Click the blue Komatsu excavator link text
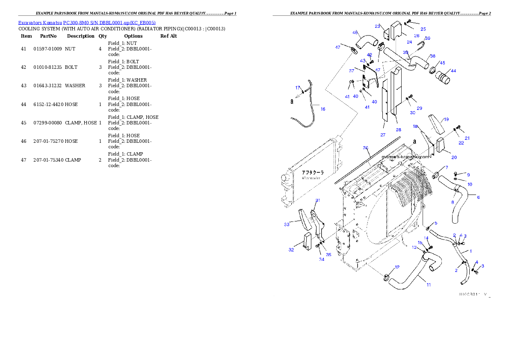point(87,22)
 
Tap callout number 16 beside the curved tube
point(323,109)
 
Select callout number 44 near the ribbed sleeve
point(453,71)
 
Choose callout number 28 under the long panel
point(398,130)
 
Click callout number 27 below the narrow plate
point(383,135)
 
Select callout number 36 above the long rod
point(366,148)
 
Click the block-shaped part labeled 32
point(305,240)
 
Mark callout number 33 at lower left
point(287,224)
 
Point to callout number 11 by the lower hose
point(428,284)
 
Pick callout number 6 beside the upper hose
point(478,197)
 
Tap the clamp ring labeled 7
point(436,175)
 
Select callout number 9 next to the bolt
point(468,175)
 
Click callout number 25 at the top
point(423,29)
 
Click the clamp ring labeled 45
point(433,69)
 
